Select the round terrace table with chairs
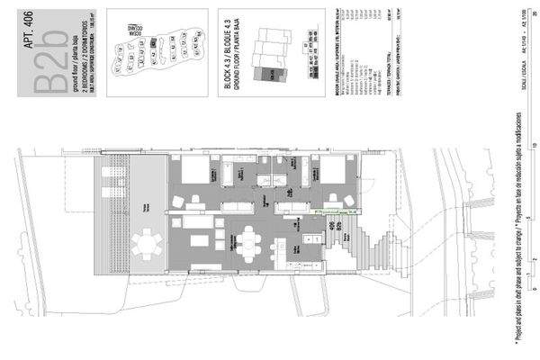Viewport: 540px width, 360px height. [145, 242]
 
